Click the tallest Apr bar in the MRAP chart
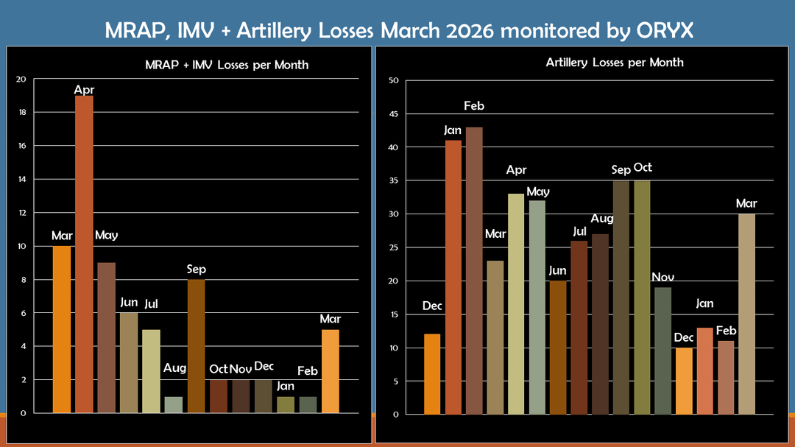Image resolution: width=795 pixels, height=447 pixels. point(84,254)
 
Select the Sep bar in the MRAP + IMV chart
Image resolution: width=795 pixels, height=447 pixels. point(197,346)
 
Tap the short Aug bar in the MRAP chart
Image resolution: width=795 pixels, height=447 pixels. point(174,404)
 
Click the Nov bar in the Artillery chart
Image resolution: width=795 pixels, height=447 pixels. point(663,351)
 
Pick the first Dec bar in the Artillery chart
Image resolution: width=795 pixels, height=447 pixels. point(432,374)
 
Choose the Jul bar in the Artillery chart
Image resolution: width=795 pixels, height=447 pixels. point(579,327)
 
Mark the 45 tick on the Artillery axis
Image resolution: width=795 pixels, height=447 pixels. point(394,114)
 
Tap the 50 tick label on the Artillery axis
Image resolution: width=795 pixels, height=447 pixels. point(394,81)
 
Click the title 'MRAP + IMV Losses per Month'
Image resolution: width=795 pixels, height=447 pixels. point(227,65)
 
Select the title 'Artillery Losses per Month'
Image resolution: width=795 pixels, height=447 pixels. point(615,63)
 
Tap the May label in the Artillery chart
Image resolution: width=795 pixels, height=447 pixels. point(538,191)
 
